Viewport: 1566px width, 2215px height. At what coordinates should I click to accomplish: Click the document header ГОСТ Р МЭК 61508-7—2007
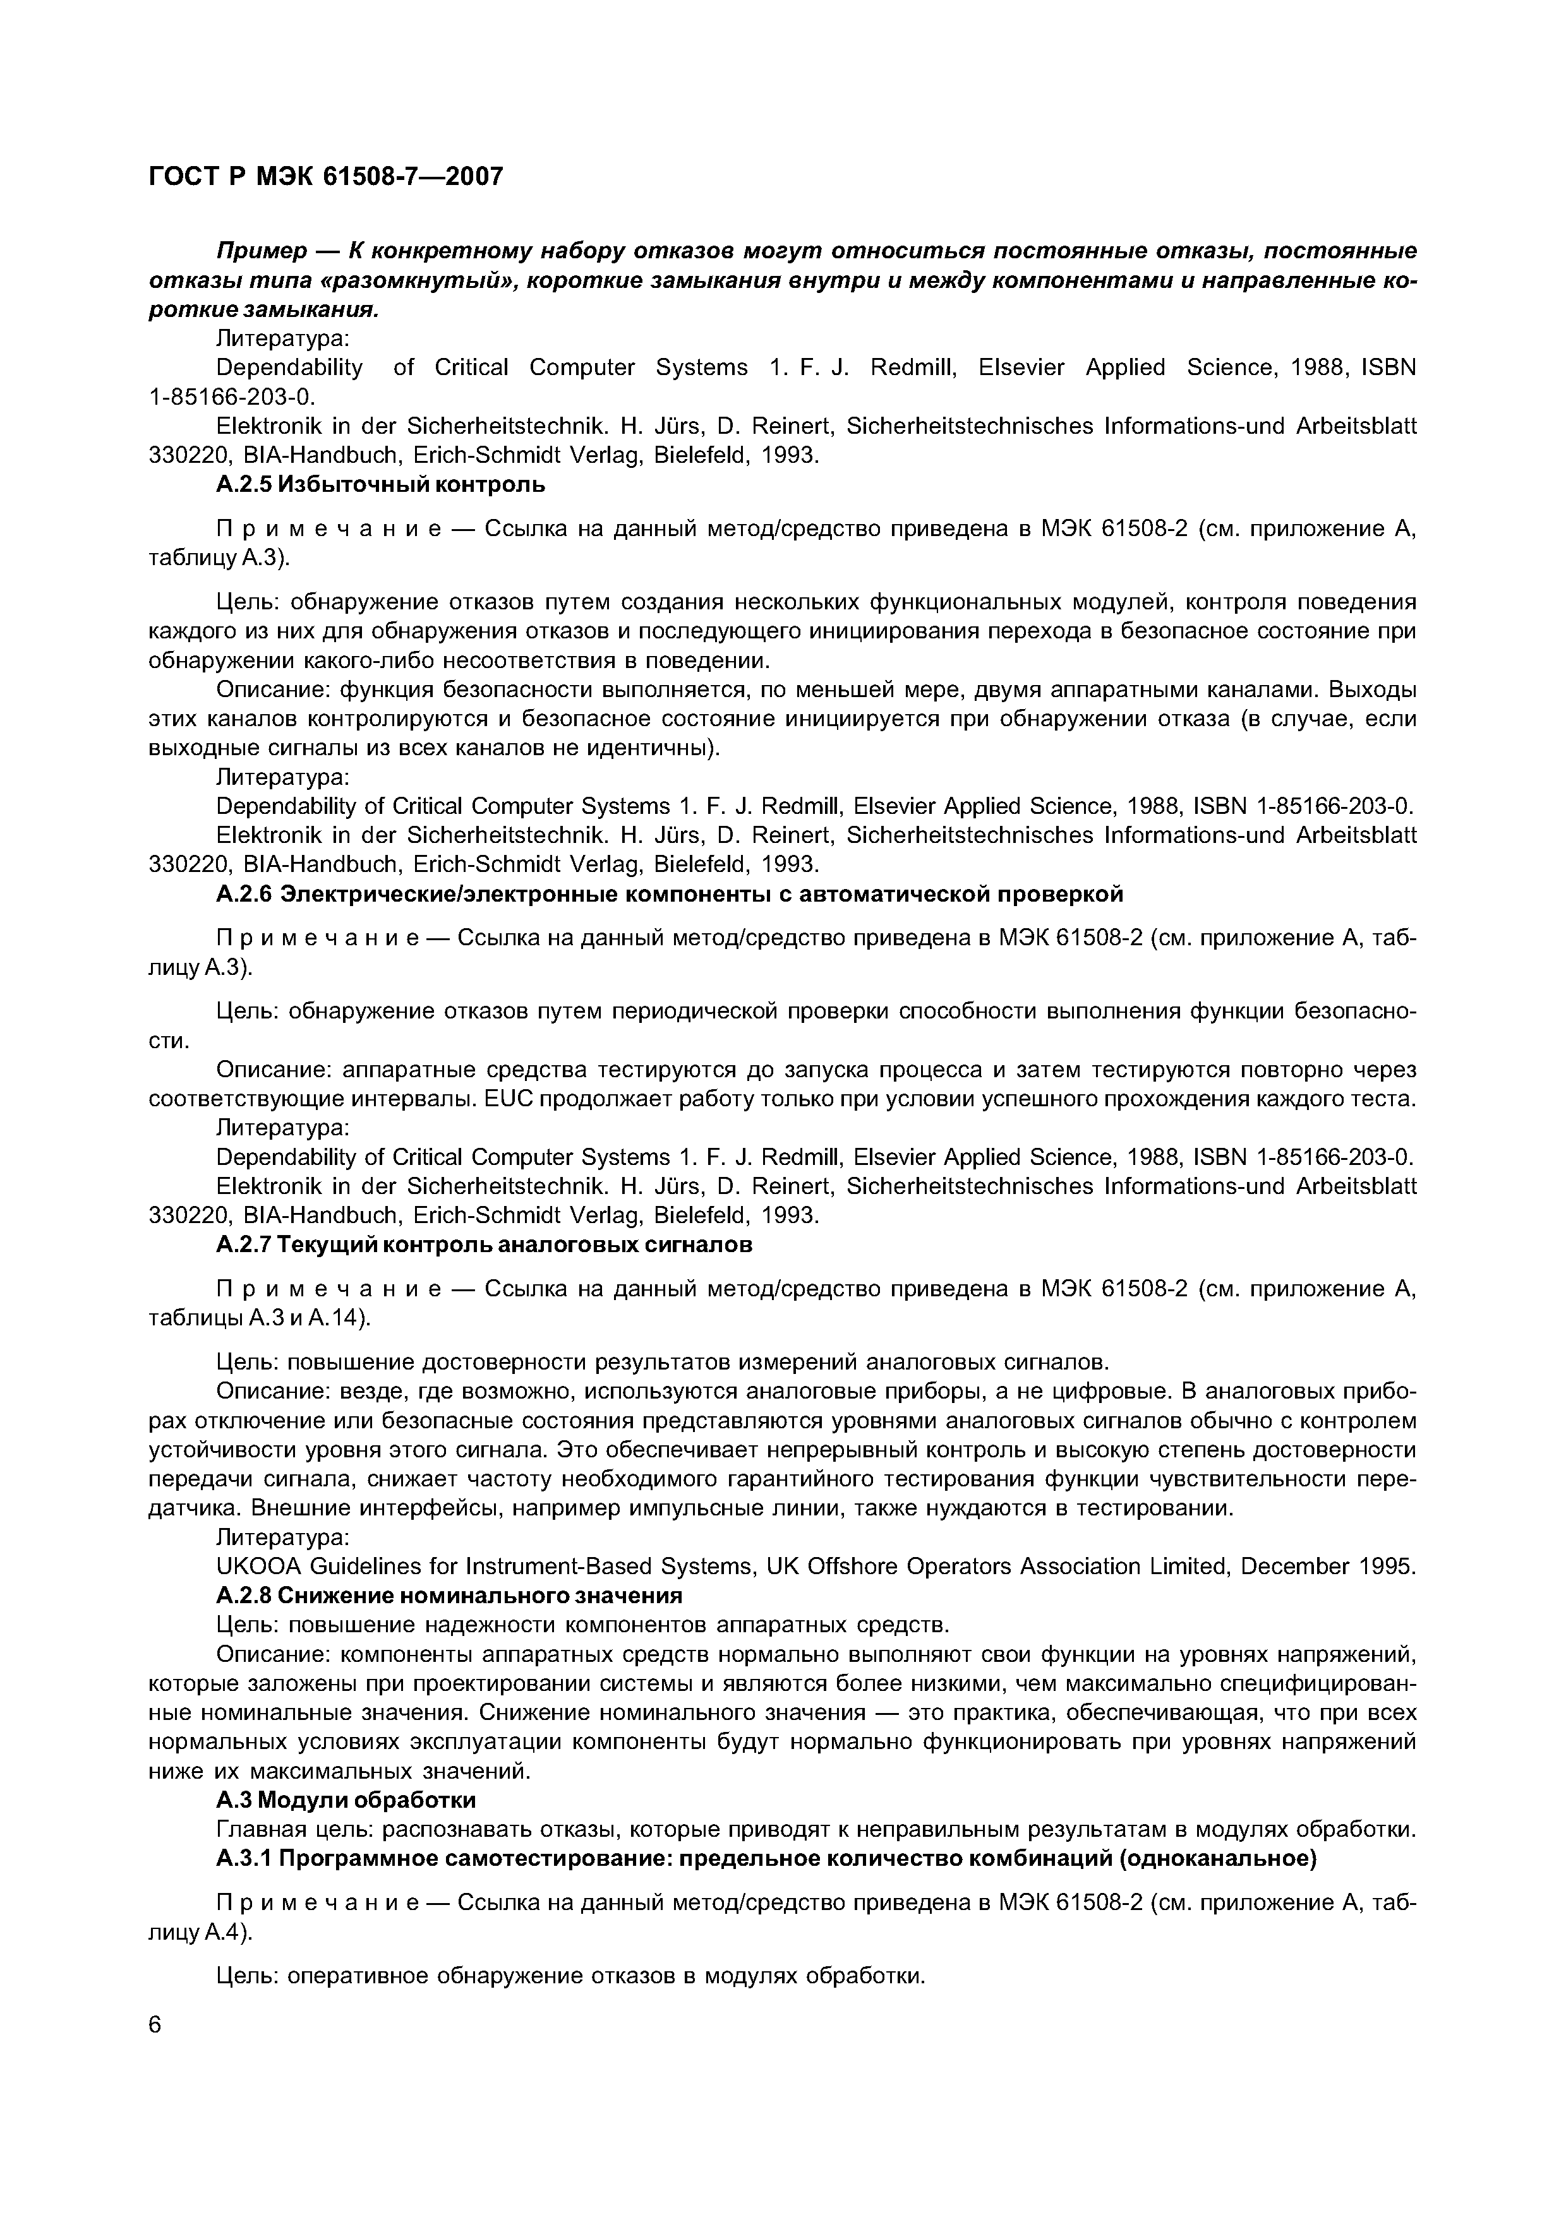click(x=326, y=177)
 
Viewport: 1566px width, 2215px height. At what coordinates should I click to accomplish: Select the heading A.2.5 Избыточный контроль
click(x=380, y=486)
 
